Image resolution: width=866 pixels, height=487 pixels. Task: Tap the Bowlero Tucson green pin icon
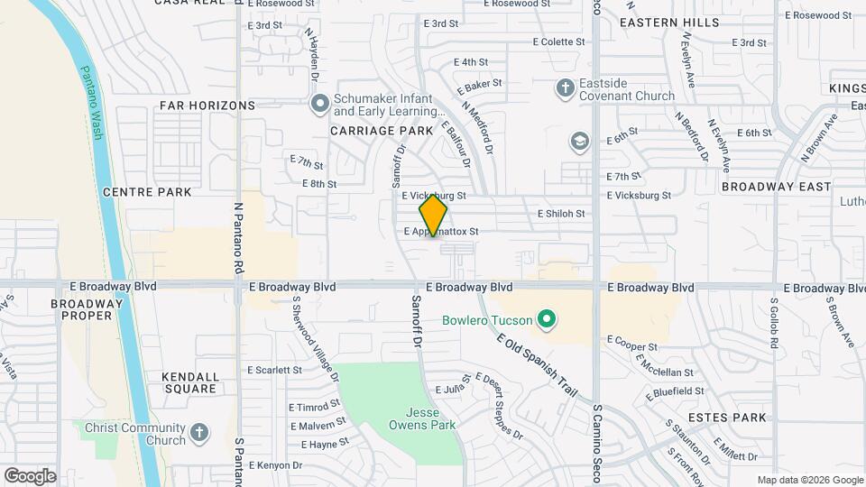545,319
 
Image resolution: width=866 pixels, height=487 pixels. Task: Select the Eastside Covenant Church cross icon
566,88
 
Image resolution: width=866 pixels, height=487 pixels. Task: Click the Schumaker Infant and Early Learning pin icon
318,105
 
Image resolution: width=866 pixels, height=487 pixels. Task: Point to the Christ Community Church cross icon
199,434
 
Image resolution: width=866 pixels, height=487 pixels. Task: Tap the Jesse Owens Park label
421,418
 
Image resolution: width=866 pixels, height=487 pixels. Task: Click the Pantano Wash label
91,104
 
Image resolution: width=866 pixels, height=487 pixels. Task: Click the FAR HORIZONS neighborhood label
207,106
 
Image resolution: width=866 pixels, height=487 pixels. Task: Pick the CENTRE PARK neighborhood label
147,192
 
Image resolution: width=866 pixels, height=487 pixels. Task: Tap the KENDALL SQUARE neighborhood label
189,382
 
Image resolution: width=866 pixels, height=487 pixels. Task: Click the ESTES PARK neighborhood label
727,418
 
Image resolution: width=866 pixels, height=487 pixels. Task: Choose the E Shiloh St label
561,214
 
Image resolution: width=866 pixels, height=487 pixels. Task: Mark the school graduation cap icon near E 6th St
579,142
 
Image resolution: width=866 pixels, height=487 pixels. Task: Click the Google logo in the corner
30,475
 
